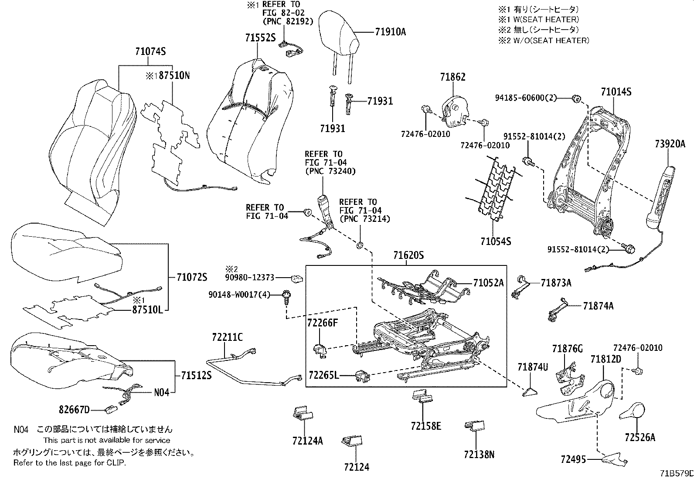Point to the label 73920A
(670, 144)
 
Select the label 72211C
(228, 337)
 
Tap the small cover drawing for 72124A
(303, 414)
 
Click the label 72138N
(479, 455)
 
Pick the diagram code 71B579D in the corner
(675, 472)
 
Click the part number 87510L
(148, 310)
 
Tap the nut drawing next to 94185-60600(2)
(575, 99)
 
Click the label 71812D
(606, 359)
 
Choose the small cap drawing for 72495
(615, 458)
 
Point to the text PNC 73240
(330, 171)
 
